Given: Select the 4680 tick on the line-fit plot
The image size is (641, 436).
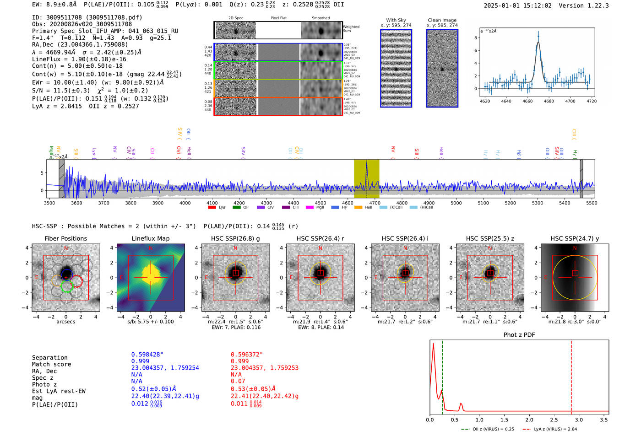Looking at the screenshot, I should click(x=549, y=101).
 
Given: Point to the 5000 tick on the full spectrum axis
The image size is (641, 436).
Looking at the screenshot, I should click(x=456, y=203).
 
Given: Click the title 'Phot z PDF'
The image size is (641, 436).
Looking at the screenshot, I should click(x=519, y=335).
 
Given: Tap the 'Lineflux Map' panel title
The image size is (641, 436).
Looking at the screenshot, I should click(x=150, y=238).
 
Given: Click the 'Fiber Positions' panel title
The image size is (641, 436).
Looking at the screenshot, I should click(x=65, y=238).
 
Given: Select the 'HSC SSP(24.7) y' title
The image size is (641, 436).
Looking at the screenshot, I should click(x=575, y=238).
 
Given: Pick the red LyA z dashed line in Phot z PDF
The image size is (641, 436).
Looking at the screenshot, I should click(x=571, y=375).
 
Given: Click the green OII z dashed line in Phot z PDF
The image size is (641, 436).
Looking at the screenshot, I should click(x=442, y=375).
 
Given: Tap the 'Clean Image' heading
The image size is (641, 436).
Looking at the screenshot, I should click(x=442, y=20).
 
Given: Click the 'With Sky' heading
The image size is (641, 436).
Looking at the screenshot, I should click(x=396, y=20).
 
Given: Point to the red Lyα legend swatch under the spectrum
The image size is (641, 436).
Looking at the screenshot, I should click(x=212, y=208).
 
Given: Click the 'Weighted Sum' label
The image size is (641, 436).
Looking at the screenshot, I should click(x=351, y=29).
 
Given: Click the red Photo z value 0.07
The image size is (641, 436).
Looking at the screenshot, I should click(x=238, y=381).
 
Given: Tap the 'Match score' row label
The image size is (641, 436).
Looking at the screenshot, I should click(x=51, y=365).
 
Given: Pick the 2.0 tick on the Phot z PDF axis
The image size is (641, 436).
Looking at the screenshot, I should click(x=529, y=420).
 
